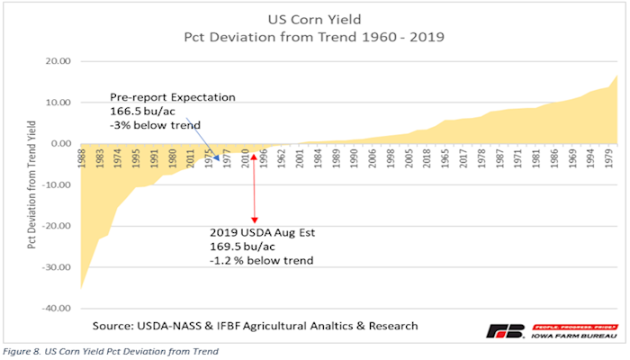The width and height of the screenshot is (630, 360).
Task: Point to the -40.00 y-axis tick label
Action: [x=57, y=309]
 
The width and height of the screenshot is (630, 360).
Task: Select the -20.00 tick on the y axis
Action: [x=57, y=226]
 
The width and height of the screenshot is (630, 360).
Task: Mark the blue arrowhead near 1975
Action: [x=216, y=158]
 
